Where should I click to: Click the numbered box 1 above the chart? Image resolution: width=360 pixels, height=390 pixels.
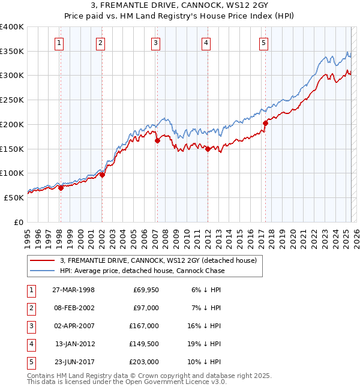(x=60, y=43)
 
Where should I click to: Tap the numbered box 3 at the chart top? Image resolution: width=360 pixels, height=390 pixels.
(x=155, y=43)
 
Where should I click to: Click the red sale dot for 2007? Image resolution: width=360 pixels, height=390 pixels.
(x=157, y=140)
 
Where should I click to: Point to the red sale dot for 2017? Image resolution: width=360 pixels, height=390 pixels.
(x=265, y=123)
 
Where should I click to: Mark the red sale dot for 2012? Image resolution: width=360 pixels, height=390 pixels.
(x=208, y=149)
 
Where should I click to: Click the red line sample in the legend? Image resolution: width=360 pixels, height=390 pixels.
(x=43, y=260)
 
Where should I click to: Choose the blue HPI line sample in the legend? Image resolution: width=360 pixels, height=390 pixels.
(x=43, y=271)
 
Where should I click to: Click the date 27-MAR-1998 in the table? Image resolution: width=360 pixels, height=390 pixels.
(x=73, y=290)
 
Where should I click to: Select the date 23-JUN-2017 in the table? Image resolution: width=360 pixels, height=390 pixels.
(x=73, y=362)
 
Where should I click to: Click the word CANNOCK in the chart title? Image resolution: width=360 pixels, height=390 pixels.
(x=176, y=6)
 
